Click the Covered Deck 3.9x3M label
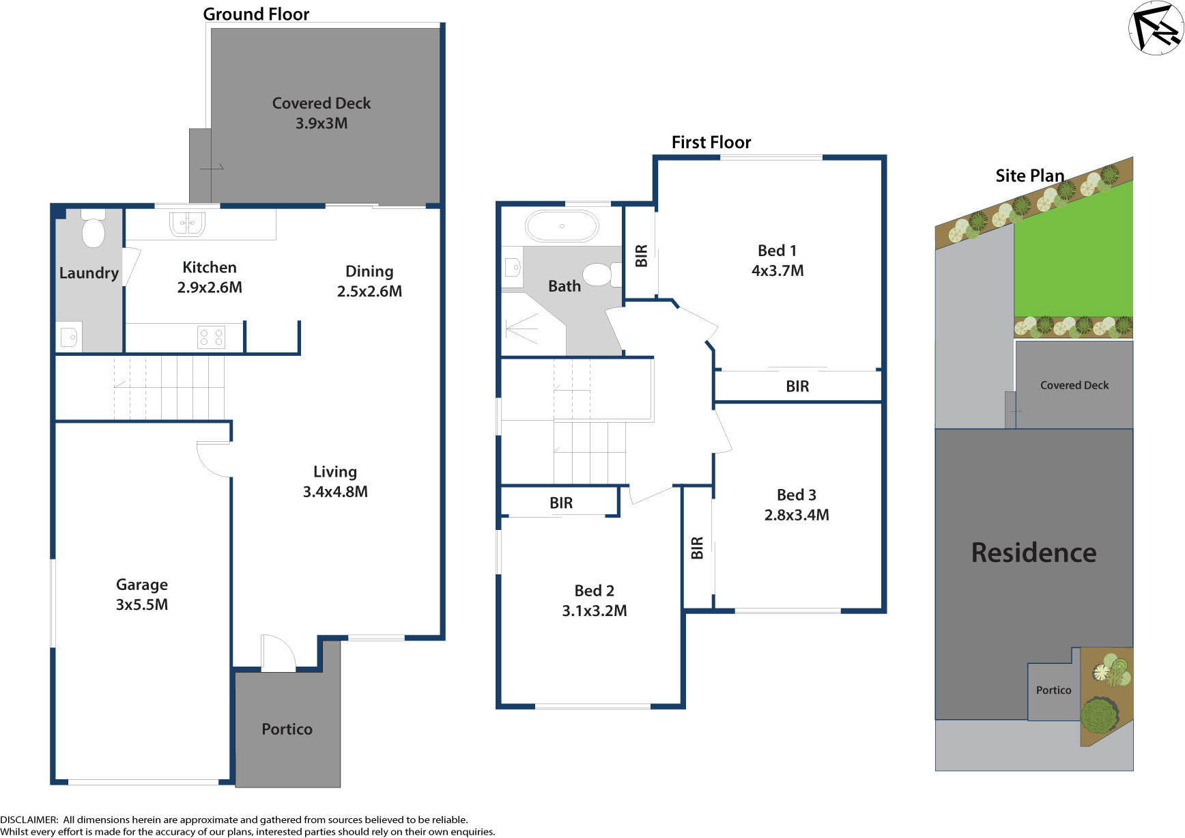321,113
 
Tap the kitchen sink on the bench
187,224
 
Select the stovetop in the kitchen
211,337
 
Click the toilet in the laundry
93,229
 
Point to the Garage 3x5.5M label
142,594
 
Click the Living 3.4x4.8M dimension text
334,491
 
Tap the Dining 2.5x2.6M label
369,281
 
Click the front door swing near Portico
276,653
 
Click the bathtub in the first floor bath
562,226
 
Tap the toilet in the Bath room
599,275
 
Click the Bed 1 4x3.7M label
777,260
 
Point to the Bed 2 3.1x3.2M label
594,600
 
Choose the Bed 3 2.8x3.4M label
796,505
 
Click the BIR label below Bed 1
797,387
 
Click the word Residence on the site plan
1033,553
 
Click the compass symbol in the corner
1156,27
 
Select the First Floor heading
711,142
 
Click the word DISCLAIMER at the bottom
29,820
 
